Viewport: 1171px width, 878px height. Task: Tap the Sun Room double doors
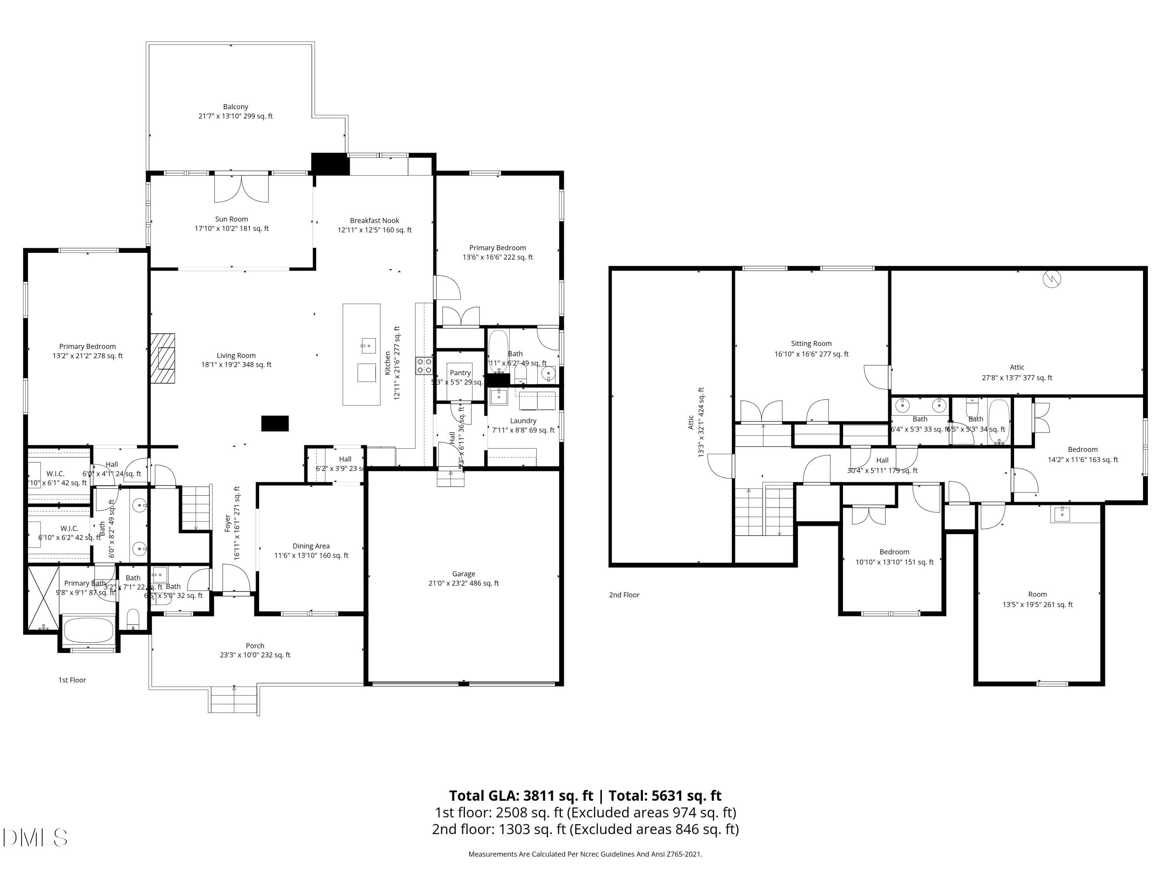click(x=241, y=189)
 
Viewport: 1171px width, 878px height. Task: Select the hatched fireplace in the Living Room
click(x=162, y=358)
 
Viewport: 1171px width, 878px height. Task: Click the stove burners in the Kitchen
click(x=424, y=366)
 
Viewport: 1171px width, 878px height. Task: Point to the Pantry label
click(x=460, y=373)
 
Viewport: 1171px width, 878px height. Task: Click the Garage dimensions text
click(x=463, y=583)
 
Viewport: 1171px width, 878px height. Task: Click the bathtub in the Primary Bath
click(x=88, y=630)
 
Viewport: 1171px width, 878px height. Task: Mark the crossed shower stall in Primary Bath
click(x=43, y=599)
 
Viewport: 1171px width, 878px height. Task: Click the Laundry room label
click(x=523, y=421)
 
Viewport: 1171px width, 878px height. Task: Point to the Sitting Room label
click(x=811, y=343)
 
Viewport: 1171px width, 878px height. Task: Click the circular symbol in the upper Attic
click(x=1052, y=279)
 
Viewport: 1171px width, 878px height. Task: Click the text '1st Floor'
click(x=72, y=680)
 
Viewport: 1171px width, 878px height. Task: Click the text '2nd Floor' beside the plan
click(x=624, y=595)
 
